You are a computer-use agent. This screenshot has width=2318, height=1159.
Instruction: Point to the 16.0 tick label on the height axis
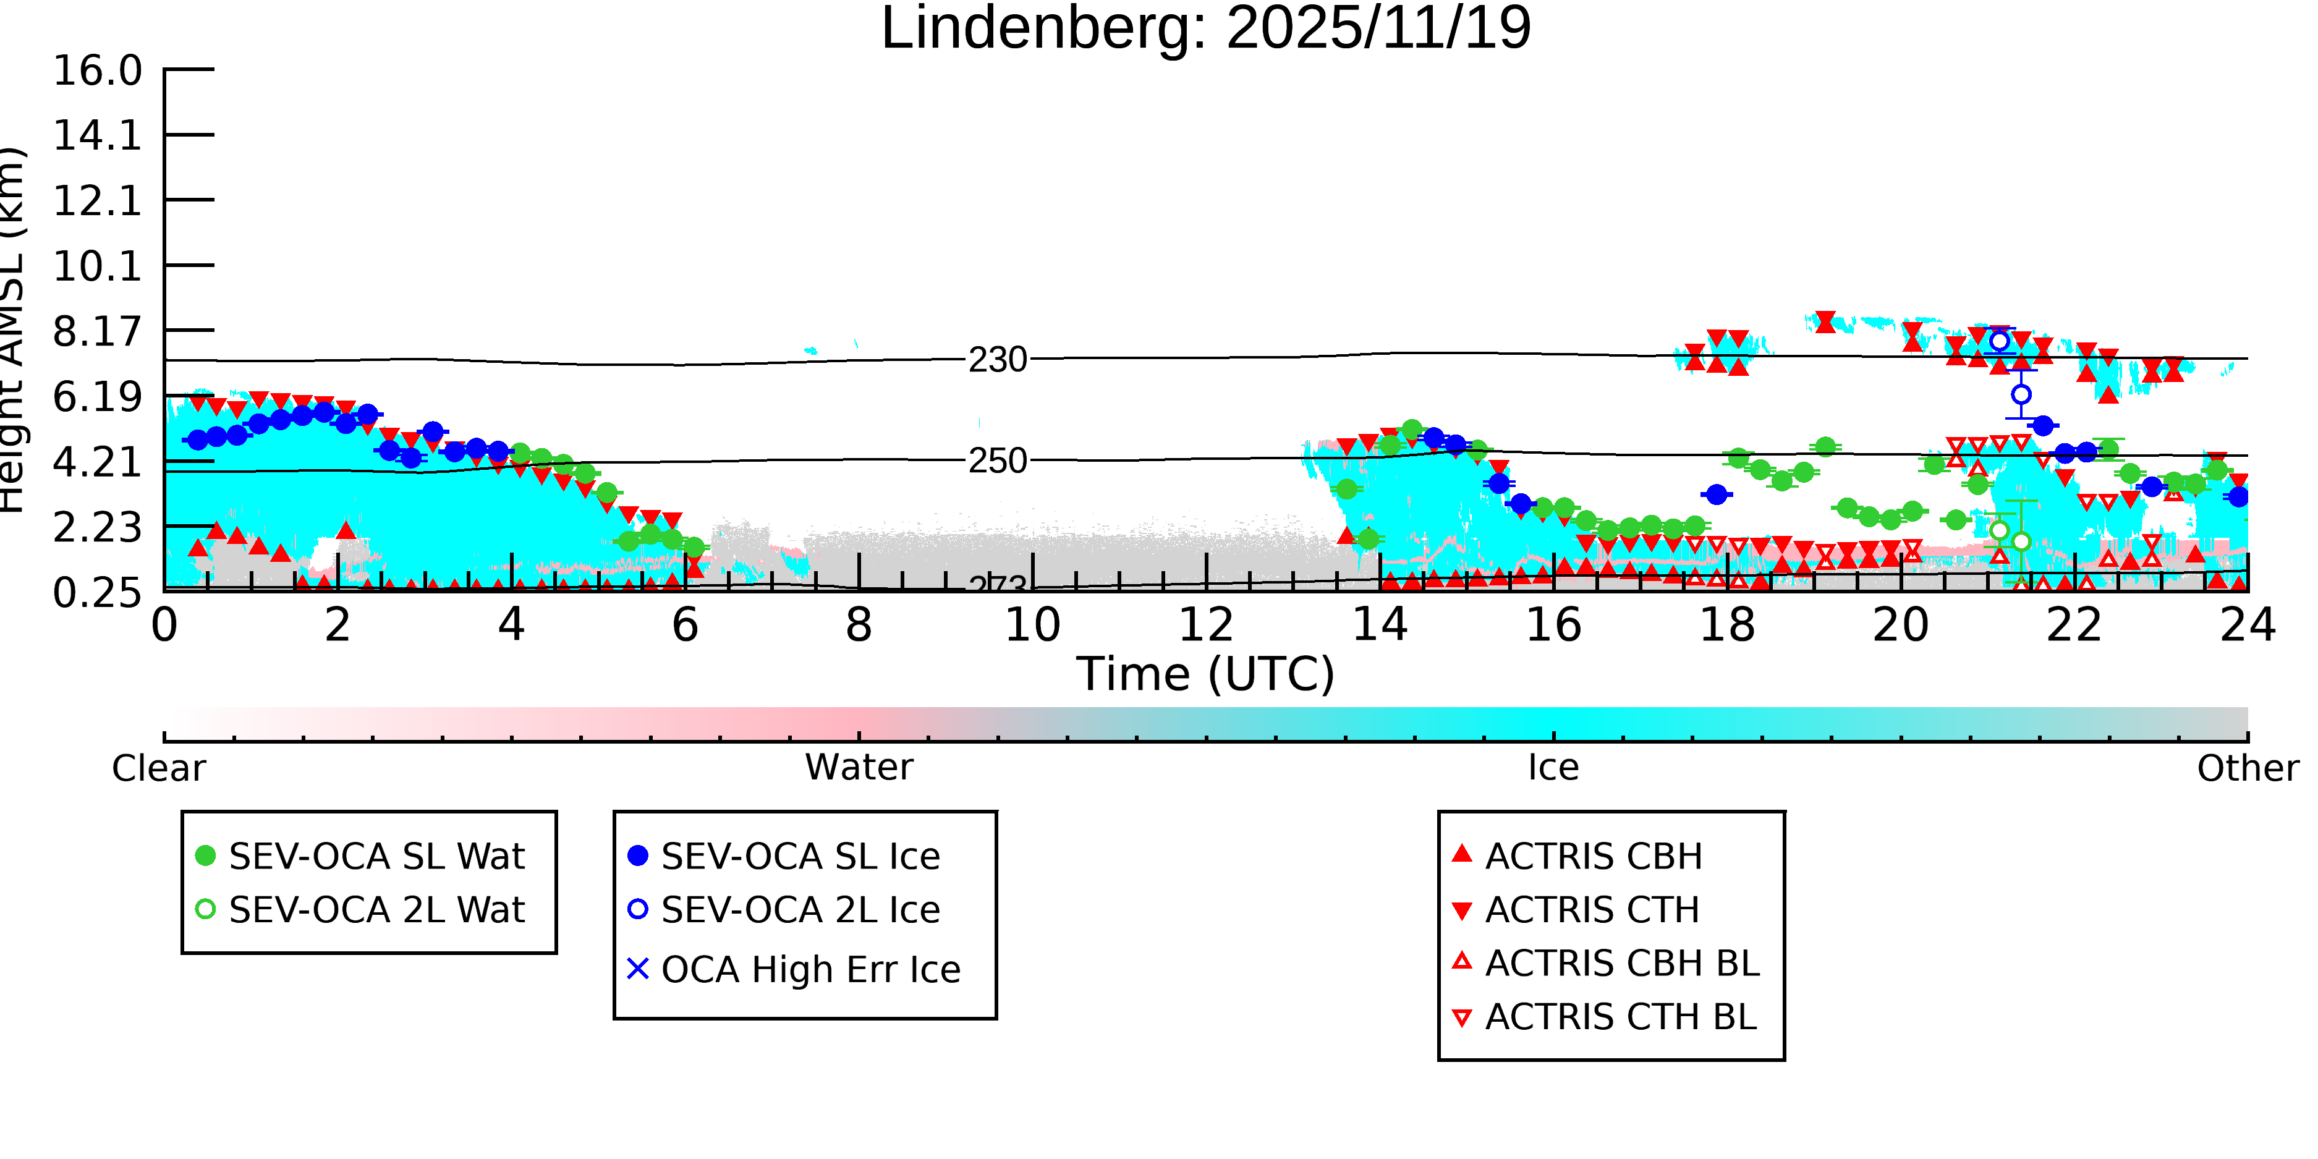[x=97, y=70]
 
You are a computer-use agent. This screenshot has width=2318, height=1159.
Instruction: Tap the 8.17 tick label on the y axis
[x=97, y=331]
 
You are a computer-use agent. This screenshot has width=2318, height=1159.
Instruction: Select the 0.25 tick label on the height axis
[x=97, y=592]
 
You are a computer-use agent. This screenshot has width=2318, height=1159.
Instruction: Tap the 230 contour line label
[x=997, y=360]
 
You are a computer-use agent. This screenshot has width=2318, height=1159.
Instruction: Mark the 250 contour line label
[x=997, y=461]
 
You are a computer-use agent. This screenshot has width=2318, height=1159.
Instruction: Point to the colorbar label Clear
[x=158, y=768]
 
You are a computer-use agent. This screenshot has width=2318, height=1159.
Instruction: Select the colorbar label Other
[x=2247, y=768]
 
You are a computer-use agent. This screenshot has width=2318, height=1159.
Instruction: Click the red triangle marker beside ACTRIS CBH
[x=1463, y=854]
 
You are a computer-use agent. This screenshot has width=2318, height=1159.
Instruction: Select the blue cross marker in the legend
[x=637, y=969]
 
